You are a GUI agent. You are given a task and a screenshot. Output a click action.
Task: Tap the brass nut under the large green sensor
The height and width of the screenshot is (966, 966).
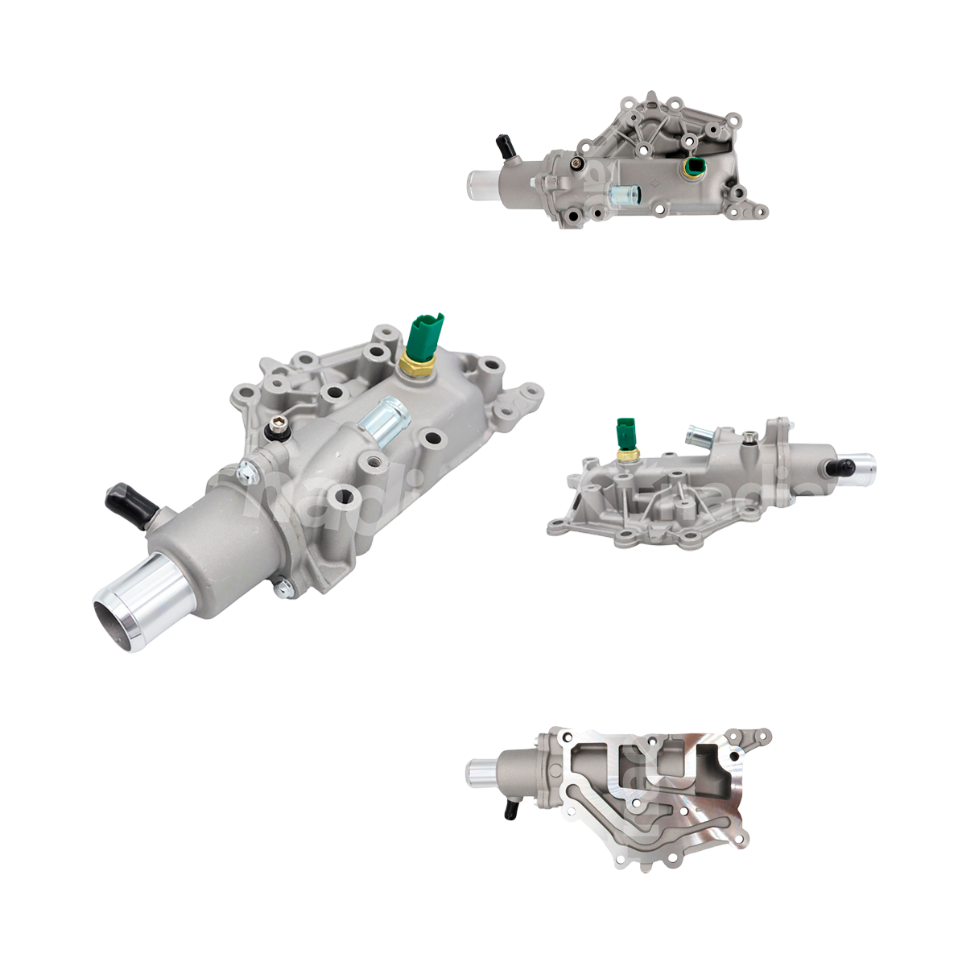pyautogui.click(x=416, y=367)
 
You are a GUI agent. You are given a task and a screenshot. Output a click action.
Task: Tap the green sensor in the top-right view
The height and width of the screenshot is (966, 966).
pyautogui.click(x=693, y=167)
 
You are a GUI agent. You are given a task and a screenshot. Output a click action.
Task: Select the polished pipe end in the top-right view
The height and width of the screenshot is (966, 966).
pyautogui.click(x=481, y=184)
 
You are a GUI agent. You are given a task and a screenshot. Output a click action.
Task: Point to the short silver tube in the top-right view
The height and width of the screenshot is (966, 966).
pyautogui.click(x=624, y=194)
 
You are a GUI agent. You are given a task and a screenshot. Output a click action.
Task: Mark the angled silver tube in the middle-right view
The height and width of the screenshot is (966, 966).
pyautogui.click(x=699, y=438)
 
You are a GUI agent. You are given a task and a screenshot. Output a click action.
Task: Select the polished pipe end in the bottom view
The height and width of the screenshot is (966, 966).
pyautogui.click(x=481, y=774)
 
